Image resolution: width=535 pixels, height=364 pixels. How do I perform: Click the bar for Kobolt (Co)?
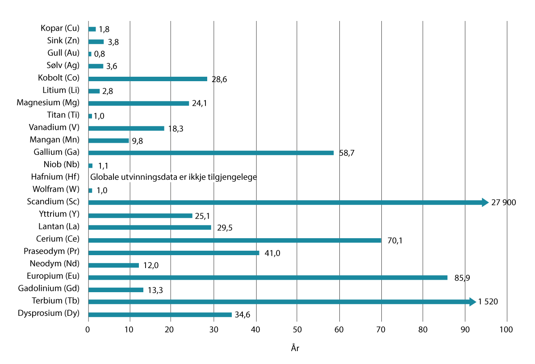coord(148,79)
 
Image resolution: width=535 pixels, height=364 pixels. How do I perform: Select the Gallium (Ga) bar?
coord(211,153)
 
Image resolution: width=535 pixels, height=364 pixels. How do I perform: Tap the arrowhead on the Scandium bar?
coord(485,203)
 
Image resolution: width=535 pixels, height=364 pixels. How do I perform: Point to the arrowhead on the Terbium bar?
coord(472,302)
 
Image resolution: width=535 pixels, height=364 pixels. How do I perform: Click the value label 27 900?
coord(503,203)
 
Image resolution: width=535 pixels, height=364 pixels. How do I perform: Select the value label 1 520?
coord(488,302)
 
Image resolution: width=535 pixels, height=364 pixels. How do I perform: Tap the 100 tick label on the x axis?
coord(506,331)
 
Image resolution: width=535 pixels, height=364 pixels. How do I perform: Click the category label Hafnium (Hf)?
coord(55,177)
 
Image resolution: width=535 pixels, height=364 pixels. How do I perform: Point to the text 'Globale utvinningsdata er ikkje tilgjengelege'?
coord(174,177)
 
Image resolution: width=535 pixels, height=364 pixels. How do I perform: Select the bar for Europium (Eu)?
coord(268,277)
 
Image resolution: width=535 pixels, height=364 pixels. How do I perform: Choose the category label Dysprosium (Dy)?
coord(49,313)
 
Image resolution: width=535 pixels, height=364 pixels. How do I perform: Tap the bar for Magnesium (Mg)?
coord(138,103)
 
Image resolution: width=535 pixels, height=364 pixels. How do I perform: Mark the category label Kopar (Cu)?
coord(59,29)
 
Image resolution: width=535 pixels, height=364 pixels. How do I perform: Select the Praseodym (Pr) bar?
coord(174,252)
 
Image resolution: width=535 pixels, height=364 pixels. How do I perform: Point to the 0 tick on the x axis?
coord(88,331)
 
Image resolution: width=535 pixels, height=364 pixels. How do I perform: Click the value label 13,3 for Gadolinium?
coord(155,290)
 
